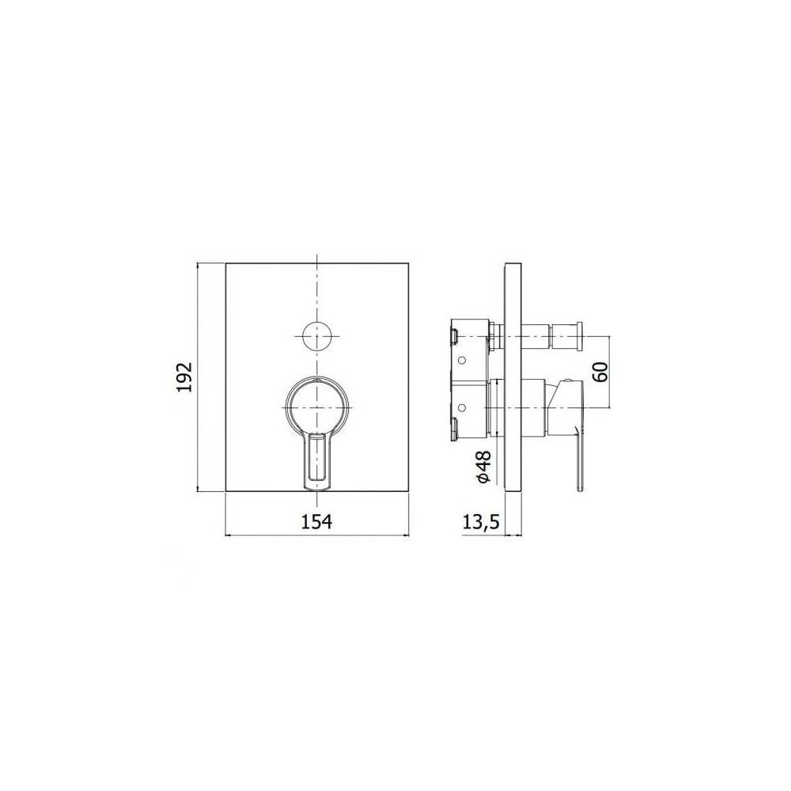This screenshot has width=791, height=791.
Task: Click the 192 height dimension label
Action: point(184,377)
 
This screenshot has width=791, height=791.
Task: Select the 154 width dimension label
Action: point(316,520)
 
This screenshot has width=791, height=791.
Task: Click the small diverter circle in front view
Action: point(316,336)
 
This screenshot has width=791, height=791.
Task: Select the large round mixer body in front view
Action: point(316,405)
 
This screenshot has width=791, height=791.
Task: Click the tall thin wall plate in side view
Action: point(512,377)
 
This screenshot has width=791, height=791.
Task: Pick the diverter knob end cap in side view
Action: point(580,336)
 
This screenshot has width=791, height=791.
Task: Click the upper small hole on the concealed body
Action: point(463,360)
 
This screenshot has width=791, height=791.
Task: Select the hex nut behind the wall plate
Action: point(494,336)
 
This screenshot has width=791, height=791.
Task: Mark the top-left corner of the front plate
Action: point(226,263)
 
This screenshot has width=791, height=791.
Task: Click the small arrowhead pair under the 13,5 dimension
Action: point(512,536)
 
